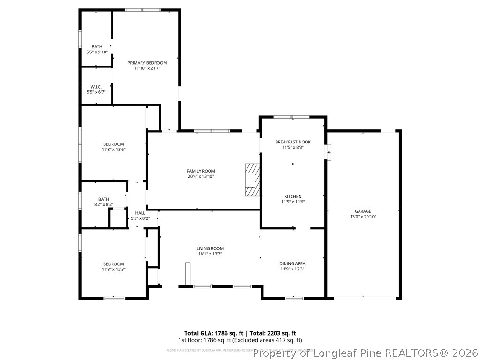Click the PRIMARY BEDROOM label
coord(147,63)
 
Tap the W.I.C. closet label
coord(96,87)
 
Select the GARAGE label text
coord(363,211)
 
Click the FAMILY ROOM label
coord(201,171)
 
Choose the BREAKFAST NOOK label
coord(293,142)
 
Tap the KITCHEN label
coord(293,196)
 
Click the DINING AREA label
coord(292,264)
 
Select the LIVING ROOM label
coord(210,248)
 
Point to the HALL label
coord(140,213)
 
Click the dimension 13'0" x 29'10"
coord(363,217)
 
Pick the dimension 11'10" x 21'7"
coord(147,68)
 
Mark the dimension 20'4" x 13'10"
coord(201,177)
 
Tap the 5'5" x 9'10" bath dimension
coord(97,52)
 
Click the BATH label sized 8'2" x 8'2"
coord(104,199)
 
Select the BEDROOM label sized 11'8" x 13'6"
coord(113,144)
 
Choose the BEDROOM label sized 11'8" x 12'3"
coord(113,264)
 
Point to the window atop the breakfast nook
coord(291,117)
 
